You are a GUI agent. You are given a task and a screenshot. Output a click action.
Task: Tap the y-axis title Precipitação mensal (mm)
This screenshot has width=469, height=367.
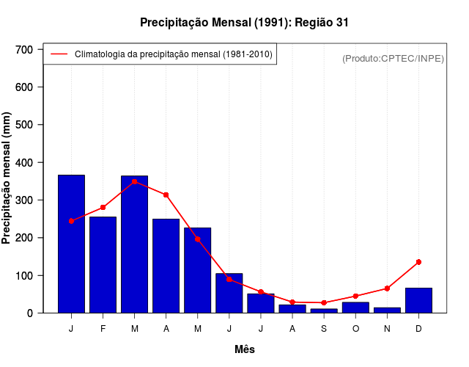tap(7, 178)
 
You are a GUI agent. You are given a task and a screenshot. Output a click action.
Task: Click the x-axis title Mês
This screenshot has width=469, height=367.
tap(245, 349)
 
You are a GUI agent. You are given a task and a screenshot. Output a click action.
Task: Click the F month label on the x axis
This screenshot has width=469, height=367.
tap(103, 329)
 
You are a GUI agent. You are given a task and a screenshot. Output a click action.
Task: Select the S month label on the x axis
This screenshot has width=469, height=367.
tap(324, 329)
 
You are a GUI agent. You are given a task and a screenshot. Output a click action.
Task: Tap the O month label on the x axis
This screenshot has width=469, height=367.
tap(355, 329)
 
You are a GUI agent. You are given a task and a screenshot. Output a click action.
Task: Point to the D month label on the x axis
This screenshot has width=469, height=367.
tap(418, 329)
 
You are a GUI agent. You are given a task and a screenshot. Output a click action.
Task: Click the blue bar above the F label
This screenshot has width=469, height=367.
tap(103, 264)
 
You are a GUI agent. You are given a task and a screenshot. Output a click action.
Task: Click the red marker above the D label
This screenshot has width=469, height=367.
tap(418, 262)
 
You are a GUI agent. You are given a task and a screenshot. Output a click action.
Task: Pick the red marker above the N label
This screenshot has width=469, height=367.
tap(387, 288)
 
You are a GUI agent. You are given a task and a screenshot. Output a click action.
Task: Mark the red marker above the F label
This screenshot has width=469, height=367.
tap(103, 208)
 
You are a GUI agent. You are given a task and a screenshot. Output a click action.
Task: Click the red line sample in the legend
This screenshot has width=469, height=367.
tap(59, 54)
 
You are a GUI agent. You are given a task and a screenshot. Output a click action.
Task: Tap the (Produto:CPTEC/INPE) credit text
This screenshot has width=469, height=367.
tap(394, 58)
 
